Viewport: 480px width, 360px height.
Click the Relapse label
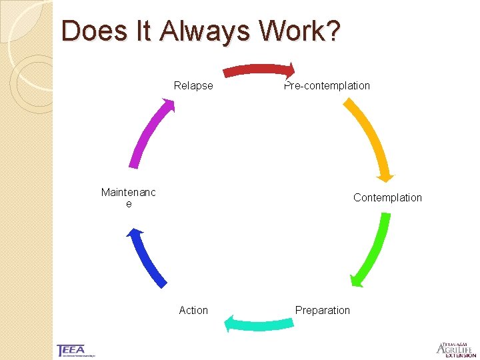pyautogui.click(x=193, y=85)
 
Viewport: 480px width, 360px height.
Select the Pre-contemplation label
pyautogui.click(x=327, y=85)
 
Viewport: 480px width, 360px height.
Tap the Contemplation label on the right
pyautogui.click(x=387, y=197)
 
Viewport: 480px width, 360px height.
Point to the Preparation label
pyautogui.click(x=322, y=310)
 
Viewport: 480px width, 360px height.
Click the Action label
pyautogui.click(x=193, y=310)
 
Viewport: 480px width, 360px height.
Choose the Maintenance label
pyautogui.click(x=129, y=198)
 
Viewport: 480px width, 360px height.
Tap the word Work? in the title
pyautogui.click(x=302, y=31)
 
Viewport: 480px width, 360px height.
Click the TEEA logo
pyautogui.click(x=72, y=350)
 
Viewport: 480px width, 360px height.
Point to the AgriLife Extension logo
pyautogui.click(x=455, y=349)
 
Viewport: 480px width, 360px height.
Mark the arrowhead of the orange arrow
pyautogui.click(x=385, y=175)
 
